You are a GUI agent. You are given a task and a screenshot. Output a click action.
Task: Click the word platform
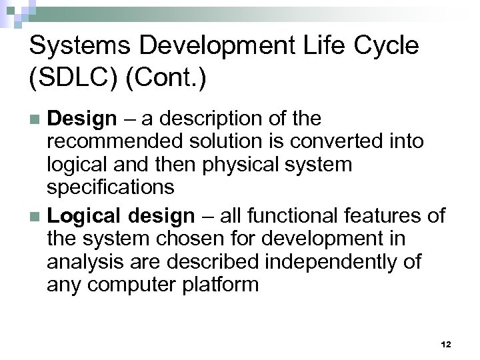tap(221, 284)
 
